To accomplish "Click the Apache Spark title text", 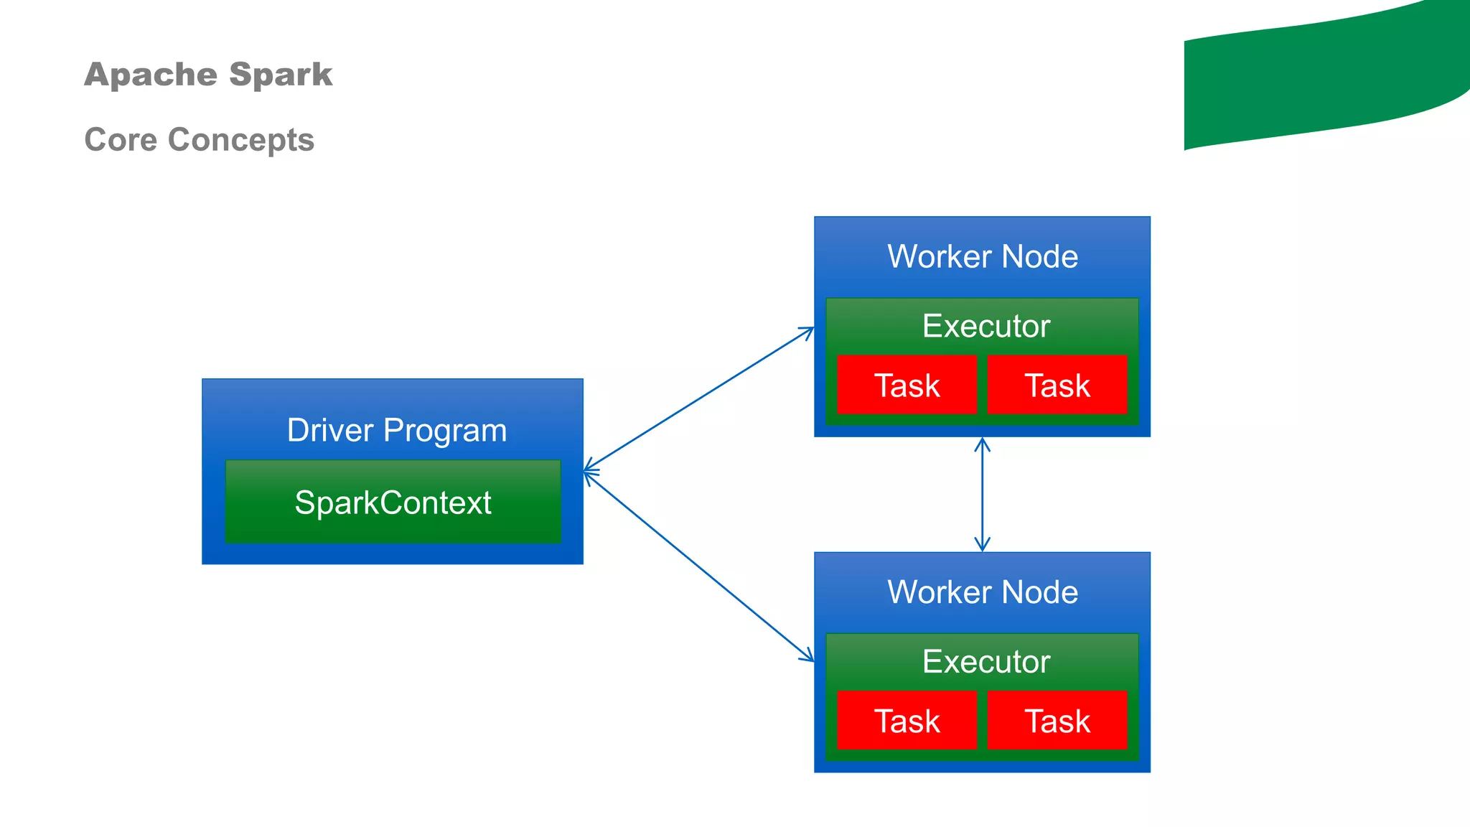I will tap(207, 75).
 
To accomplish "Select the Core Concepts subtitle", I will tap(199, 139).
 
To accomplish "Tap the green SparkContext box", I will tap(393, 503).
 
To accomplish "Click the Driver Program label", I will tap(396, 430).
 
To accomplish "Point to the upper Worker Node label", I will tap(982, 256).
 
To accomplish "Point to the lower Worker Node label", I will tap(982, 592).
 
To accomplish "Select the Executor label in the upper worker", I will tap(986, 326).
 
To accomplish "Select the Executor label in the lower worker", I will tap(986, 661).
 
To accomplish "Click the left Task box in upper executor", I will tap(907, 386).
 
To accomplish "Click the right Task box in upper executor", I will tap(1057, 386).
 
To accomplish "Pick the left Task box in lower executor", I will tap(907, 721).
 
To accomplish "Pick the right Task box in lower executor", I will tap(1057, 721).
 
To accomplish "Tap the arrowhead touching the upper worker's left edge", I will tap(809, 331).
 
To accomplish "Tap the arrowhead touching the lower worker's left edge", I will tap(809, 656).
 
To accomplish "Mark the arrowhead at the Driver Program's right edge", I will tap(589, 472).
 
